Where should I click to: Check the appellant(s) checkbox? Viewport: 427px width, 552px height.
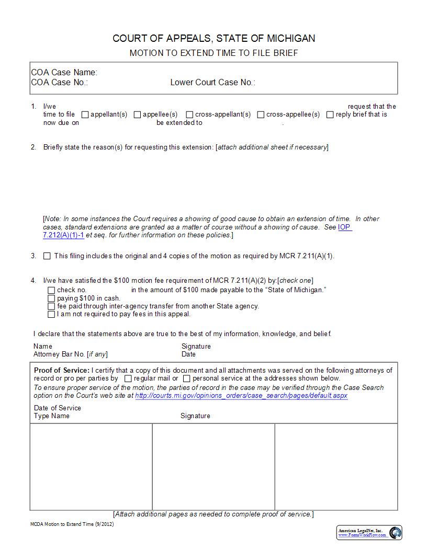(86, 114)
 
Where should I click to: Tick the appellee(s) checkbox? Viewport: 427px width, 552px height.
(138, 114)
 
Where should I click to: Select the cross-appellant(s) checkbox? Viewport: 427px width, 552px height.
(190, 114)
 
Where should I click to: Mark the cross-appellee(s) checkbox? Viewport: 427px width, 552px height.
(261, 114)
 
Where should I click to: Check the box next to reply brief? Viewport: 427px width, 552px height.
(330, 114)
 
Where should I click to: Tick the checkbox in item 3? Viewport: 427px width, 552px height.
(47, 256)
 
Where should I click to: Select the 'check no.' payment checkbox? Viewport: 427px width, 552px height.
(51, 290)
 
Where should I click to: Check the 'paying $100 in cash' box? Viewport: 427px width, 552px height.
(51, 298)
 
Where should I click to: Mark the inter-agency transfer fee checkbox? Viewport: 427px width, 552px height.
(51, 306)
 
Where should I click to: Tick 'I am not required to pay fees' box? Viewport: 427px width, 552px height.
(51, 315)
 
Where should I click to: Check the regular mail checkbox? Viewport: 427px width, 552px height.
(128, 378)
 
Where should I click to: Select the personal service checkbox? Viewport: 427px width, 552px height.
(187, 378)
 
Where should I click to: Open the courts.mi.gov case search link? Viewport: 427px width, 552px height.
(241, 396)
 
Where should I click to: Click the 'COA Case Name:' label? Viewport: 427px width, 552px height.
(64, 73)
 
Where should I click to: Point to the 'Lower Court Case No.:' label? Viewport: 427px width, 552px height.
(212, 83)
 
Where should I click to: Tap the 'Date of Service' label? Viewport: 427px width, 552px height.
(58, 408)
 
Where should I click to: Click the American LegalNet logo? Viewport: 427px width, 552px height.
(396, 533)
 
